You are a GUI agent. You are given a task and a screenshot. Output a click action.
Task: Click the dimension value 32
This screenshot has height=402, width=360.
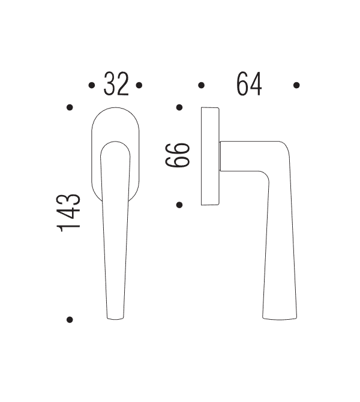(116, 84)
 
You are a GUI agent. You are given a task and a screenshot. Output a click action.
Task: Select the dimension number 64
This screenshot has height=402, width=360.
(249, 84)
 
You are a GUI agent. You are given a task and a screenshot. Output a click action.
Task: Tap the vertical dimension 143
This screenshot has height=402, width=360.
(68, 212)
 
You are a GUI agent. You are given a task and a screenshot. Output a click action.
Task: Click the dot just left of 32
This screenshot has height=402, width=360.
(91, 85)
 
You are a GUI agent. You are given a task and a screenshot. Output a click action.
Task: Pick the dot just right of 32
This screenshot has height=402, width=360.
(139, 85)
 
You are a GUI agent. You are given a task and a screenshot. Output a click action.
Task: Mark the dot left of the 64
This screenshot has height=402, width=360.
(201, 85)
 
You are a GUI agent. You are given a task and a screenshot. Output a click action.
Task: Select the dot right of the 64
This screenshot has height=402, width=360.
(296, 85)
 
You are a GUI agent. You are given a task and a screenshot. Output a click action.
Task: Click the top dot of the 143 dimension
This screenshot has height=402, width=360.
(70, 107)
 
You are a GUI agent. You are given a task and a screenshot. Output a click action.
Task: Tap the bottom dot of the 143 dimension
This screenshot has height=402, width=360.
(70, 320)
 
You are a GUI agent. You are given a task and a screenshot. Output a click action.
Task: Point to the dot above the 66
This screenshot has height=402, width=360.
(179, 107)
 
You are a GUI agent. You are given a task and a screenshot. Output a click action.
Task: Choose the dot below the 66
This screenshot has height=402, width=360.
(179, 205)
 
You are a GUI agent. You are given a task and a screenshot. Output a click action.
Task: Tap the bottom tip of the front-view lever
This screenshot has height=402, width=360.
(116, 317)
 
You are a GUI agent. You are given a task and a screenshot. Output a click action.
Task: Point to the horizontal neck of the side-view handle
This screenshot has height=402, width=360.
(243, 157)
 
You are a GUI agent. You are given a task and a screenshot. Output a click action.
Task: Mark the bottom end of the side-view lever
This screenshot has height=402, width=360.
(280, 316)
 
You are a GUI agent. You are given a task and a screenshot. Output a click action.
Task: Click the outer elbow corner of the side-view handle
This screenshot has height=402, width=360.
(286, 146)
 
